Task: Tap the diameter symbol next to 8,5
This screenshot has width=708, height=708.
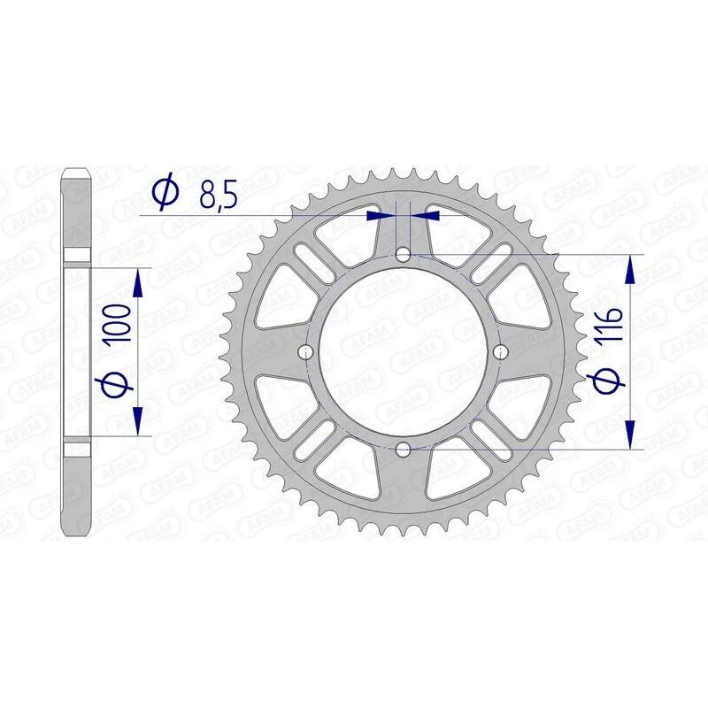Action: point(165,193)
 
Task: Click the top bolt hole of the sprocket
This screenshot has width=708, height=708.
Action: point(404,255)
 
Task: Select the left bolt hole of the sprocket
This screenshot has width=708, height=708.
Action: point(306,352)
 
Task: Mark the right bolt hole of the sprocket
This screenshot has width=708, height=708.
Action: point(501,352)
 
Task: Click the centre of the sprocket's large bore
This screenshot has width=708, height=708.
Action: point(404,352)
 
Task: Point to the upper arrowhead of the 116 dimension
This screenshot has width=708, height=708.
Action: point(630,270)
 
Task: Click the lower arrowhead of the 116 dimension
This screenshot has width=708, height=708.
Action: point(630,434)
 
